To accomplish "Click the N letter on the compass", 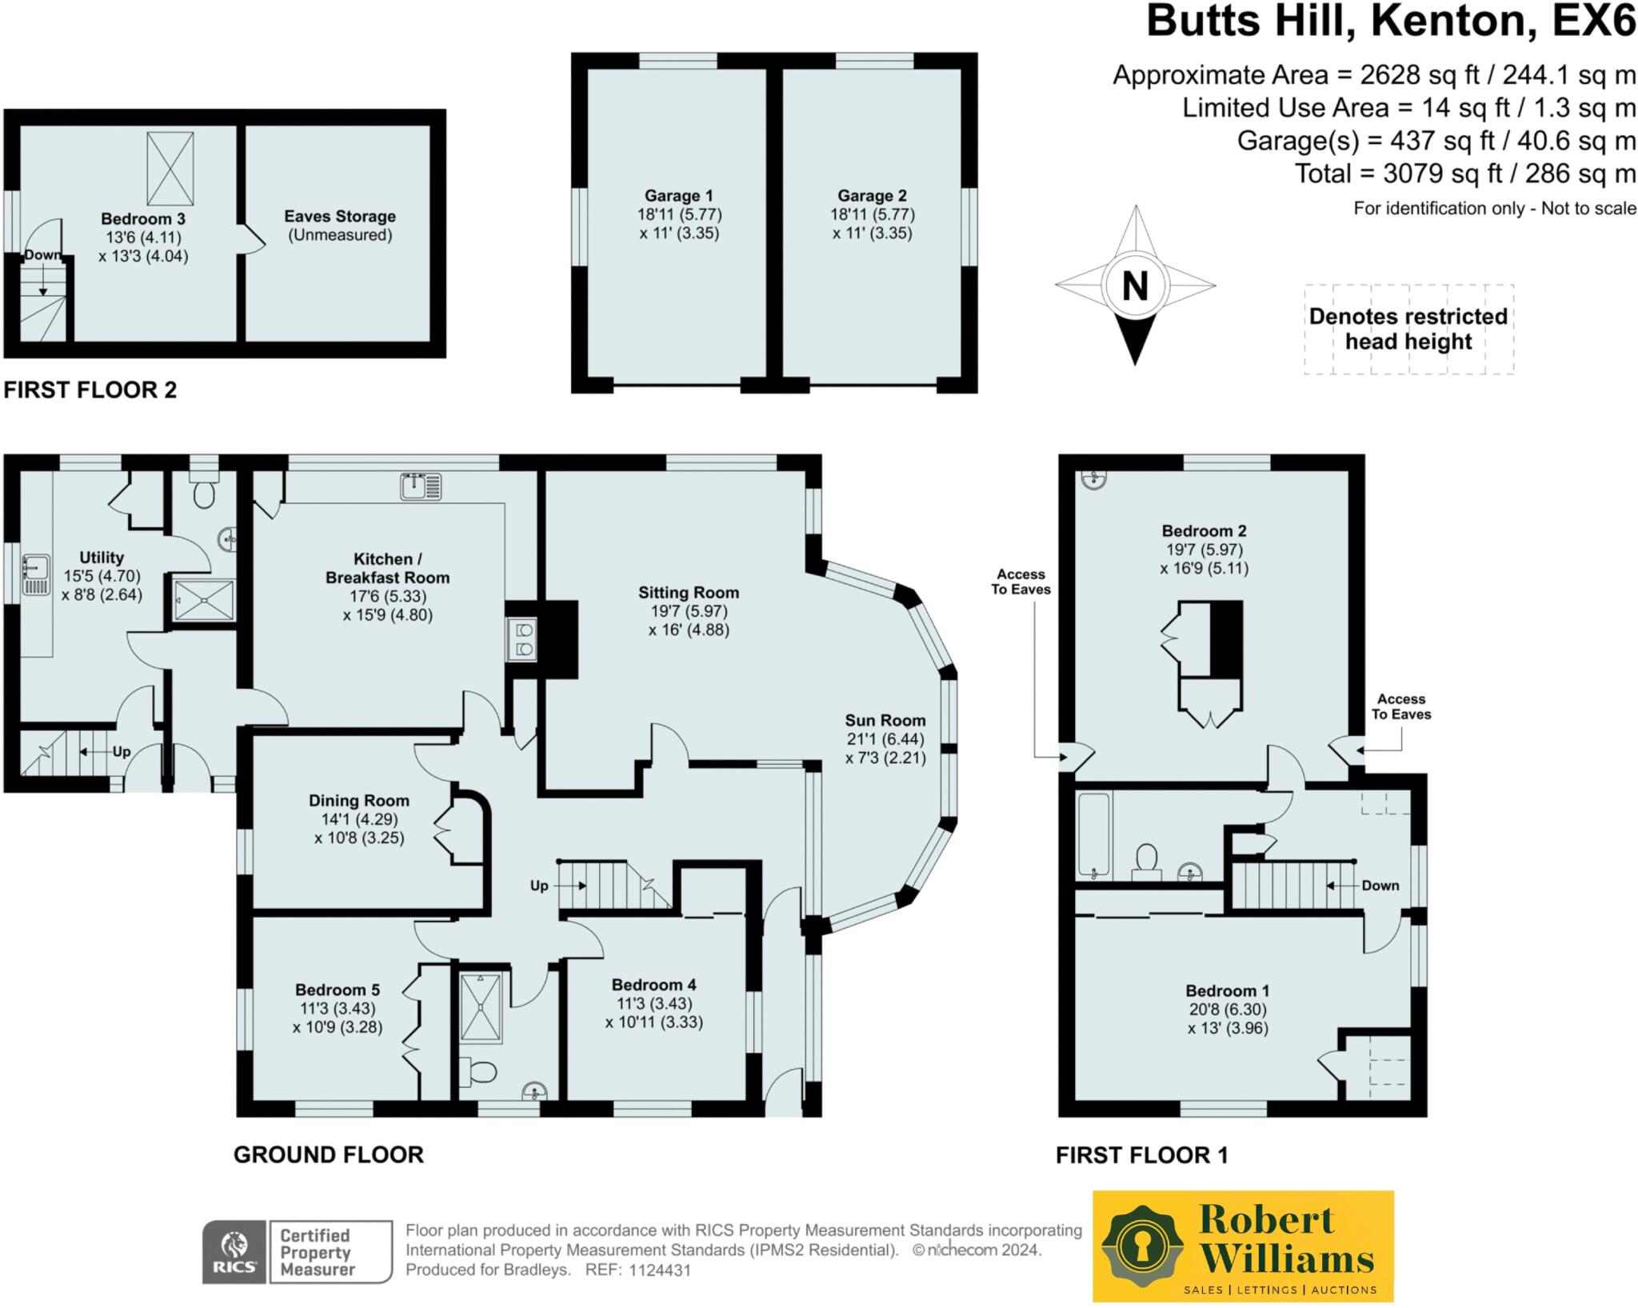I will point(1135,286).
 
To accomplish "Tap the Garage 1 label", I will point(678,196).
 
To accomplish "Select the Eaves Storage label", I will point(340,217).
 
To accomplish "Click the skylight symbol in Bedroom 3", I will point(170,169).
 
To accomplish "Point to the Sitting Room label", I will point(688,593).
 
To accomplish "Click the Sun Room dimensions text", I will point(885,748).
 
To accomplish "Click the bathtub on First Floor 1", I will point(1093,834).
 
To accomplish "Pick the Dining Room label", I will point(359,801).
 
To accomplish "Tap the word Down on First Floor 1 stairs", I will point(1380,886).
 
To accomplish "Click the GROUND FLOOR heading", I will point(328,1155).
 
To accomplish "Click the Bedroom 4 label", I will point(653,985).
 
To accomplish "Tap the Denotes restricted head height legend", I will point(1408,329).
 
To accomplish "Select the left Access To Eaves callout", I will point(1021,582).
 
